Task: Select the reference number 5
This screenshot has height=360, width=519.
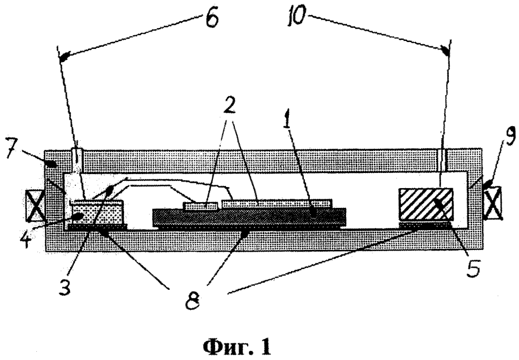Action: [x=473, y=268]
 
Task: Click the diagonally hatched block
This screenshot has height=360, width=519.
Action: [x=425, y=204]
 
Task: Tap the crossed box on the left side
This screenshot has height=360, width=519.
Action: [x=35, y=206]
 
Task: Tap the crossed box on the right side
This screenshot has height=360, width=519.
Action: [x=493, y=203]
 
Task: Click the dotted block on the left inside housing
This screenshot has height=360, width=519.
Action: [x=96, y=212]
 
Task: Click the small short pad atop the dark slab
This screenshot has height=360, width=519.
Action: [x=201, y=206]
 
